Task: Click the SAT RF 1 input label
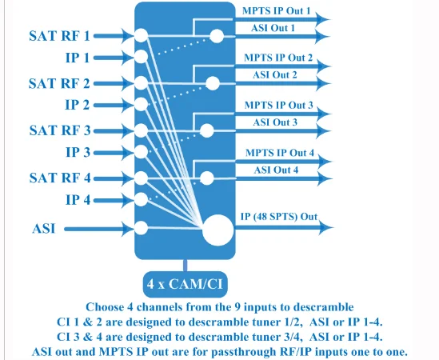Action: point(59,36)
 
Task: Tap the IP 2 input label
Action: point(78,105)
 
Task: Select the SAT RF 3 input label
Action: point(60,130)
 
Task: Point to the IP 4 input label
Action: point(78,200)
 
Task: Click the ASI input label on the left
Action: point(44,229)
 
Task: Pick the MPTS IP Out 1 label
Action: point(277,10)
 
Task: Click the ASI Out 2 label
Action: point(274,75)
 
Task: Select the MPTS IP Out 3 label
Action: point(278,105)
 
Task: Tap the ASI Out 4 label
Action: point(276,170)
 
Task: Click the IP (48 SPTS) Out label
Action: point(279,217)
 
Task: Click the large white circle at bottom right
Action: point(218,230)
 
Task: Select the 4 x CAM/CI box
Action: point(185,284)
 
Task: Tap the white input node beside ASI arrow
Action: point(141,228)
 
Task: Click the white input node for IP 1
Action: point(141,57)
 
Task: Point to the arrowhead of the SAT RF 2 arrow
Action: point(128,83)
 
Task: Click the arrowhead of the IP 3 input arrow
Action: point(128,153)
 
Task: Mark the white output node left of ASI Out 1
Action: point(217,36)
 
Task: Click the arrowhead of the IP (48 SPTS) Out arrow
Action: point(325,227)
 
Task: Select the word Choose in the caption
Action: point(105,307)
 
